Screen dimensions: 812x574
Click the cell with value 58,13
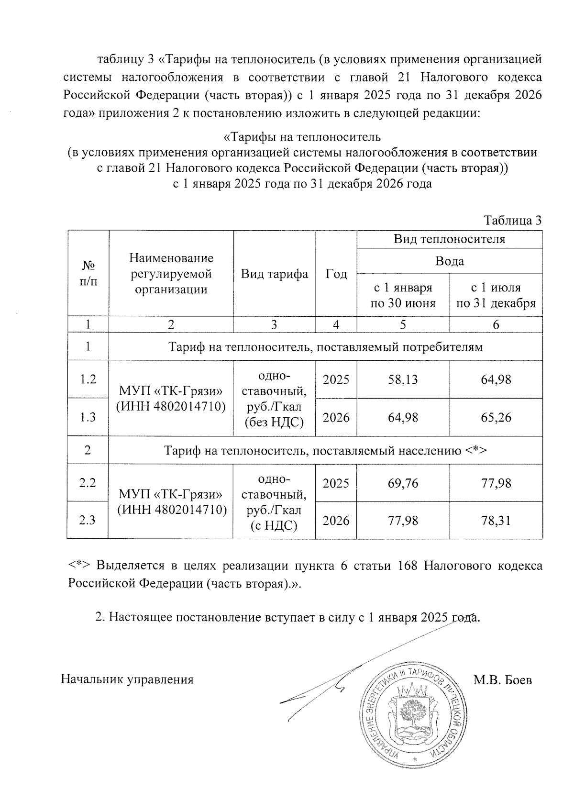[x=403, y=379]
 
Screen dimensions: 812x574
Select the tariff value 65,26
[x=496, y=417]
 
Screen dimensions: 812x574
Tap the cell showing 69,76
[x=403, y=483]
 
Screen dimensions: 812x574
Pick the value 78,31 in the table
[x=496, y=520]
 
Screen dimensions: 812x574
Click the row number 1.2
[x=88, y=379]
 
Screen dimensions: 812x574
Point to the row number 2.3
[x=88, y=520]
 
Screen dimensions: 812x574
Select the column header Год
[x=336, y=274]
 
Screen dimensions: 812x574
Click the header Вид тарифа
[x=274, y=274]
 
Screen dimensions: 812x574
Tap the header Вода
[x=450, y=261]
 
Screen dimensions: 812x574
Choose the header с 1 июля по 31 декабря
[x=496, y=295]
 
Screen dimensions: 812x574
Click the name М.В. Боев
[x=502, y=680]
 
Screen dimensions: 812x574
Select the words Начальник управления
[x=127, y=680]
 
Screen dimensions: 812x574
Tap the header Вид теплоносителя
[x=450, y=239]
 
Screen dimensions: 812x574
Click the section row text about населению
[x=325, y=450]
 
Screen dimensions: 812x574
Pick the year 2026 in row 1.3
[x=336, y=417]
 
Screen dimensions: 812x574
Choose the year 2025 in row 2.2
[x=336, y=483]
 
